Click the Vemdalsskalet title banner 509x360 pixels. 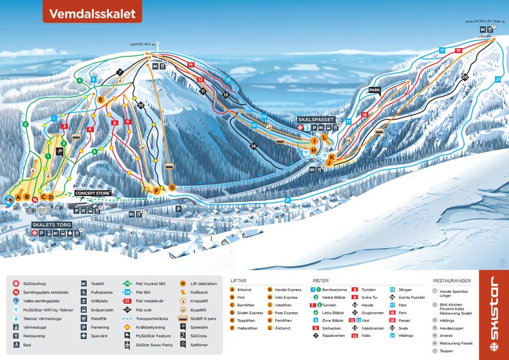click(x=92, y=13)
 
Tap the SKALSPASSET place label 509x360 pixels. click(x=316, y=119)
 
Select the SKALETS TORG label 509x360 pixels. click(x=52, y=225)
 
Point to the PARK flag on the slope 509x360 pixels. click(x=374, y=91)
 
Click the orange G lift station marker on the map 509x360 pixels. click(x=172, y=188)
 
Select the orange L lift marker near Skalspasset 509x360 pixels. click(x=325, y=137)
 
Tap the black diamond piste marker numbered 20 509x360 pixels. click(x=465, y=77)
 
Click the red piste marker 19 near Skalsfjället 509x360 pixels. click(x=458, y=51)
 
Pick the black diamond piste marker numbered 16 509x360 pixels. click(x=253, y=146)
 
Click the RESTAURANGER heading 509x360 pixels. click(x=452, y=280)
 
